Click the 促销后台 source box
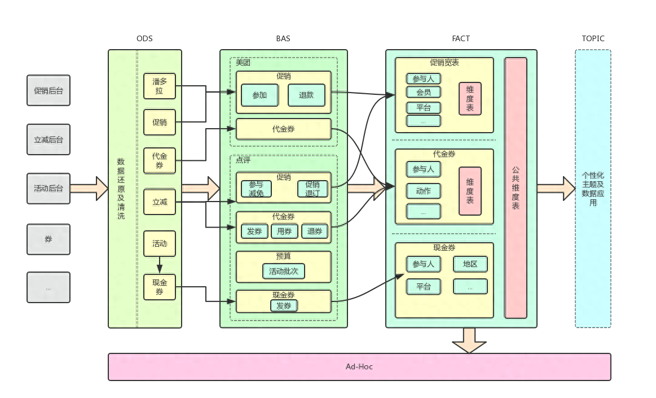pos(49,90)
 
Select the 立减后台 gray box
pos(49,139)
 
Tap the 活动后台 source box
pos(49,189)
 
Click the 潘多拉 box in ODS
pos(160,86)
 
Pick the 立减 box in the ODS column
pos(160,202)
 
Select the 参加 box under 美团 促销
pos(260,95)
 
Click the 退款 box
pos(307,95)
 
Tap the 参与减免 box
pos(257,189)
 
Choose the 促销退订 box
pos(312,189)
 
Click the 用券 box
pos(284,231)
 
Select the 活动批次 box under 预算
pos(284,271)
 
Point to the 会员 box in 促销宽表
pos(424,92)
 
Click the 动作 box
pos(424,191)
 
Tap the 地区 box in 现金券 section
pos(470,264)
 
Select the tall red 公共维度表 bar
pos(516,188)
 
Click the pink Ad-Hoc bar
pos(359,366)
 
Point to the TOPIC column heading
pos(593,38)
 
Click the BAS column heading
pos(283,38)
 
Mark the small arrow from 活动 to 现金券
pos(160,265)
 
